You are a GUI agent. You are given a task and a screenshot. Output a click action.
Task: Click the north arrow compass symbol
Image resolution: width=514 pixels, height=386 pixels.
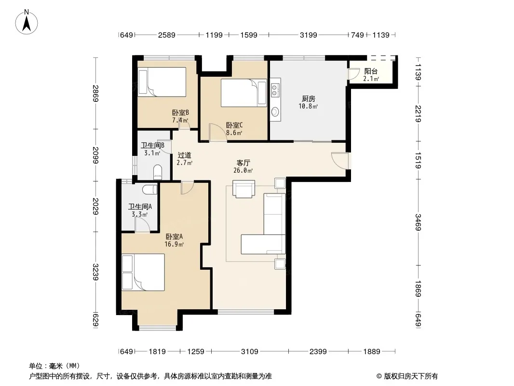27,22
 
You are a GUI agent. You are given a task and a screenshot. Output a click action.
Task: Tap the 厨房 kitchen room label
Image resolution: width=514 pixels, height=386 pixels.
309,98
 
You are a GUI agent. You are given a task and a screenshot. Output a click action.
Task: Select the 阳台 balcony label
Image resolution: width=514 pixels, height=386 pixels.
371,71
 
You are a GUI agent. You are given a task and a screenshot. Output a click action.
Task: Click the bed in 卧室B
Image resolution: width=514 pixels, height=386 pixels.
162,82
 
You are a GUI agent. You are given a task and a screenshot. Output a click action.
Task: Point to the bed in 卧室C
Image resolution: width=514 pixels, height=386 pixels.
243,93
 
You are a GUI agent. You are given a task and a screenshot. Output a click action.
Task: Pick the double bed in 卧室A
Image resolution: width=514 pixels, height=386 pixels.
143,272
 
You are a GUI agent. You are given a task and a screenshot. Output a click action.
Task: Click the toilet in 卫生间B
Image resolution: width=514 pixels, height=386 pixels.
158,172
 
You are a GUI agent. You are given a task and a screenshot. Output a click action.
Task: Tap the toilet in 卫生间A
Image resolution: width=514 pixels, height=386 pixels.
150,189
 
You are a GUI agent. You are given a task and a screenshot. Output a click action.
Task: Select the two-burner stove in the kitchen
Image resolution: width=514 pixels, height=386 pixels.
275,89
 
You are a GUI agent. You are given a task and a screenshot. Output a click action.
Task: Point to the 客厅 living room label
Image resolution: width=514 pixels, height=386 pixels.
243,163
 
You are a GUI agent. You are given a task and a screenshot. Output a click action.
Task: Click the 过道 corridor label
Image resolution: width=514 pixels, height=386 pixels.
184,155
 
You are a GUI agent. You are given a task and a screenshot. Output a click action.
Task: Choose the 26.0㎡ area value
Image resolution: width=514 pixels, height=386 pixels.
243,170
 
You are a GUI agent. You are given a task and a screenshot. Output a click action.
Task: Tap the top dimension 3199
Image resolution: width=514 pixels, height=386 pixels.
308,35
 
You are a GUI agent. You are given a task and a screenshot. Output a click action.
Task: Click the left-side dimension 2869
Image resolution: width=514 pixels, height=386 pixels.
95,94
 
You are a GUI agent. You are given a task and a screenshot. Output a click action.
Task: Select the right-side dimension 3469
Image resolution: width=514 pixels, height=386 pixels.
418,222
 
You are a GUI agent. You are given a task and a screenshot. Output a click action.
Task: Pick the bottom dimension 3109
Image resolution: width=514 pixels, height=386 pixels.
249,352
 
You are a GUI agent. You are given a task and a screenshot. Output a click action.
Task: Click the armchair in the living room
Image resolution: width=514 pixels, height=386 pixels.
243,189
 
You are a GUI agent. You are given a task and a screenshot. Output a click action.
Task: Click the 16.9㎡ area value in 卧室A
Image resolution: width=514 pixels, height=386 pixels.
174,244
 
